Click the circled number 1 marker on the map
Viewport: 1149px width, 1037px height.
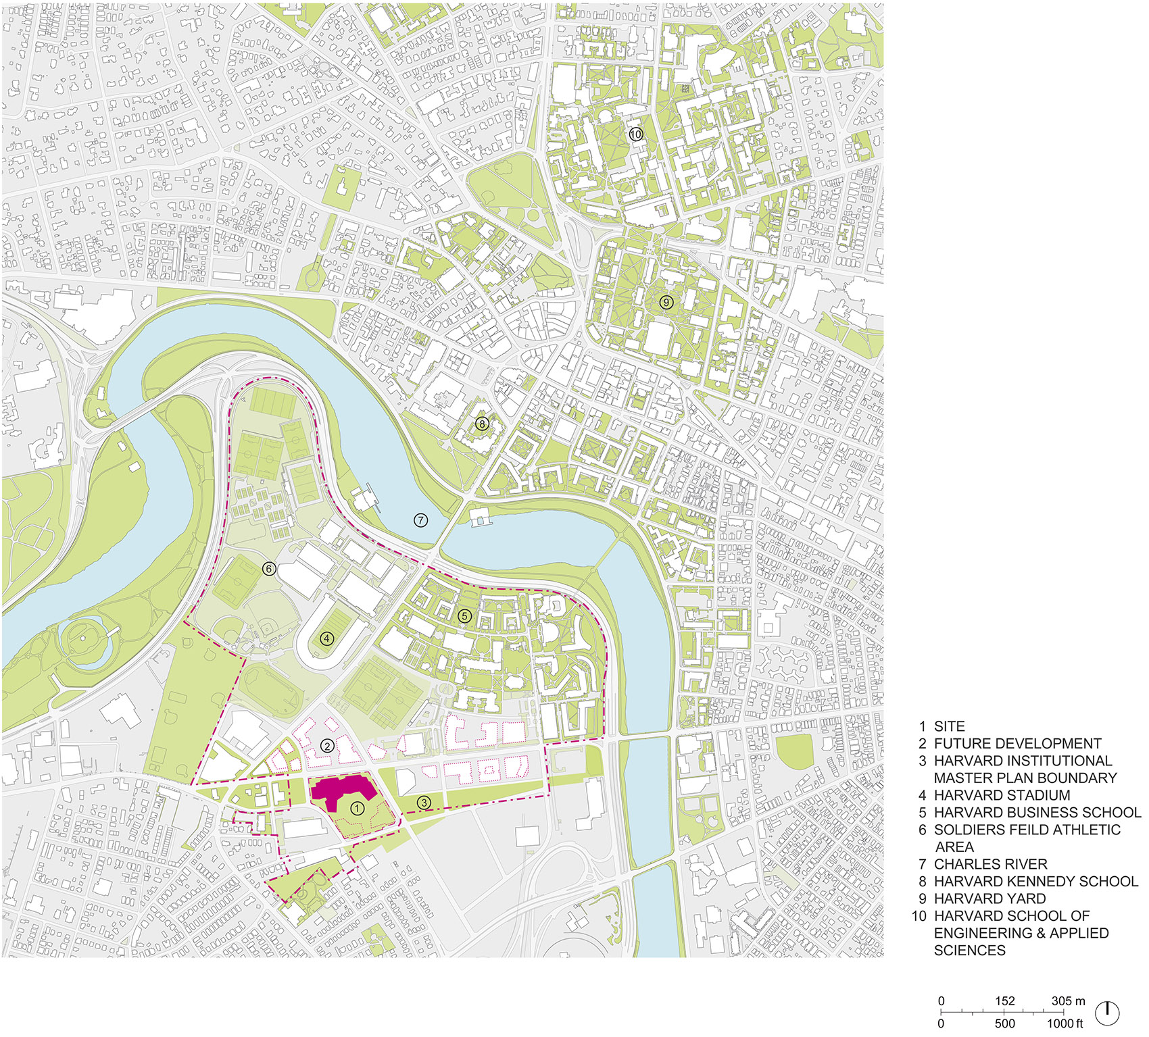358,808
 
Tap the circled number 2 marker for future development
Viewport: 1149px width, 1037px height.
327,746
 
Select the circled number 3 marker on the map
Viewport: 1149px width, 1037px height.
424,803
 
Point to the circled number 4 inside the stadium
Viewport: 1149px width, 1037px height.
327,638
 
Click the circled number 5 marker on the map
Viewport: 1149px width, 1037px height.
464,616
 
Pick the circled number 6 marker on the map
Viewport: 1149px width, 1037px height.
269,569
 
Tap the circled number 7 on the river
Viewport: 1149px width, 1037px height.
421,520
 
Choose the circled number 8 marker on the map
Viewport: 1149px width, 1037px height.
481,424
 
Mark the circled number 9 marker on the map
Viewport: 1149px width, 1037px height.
666,302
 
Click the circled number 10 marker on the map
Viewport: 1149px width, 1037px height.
635,134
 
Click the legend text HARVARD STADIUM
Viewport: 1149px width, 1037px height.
1002,795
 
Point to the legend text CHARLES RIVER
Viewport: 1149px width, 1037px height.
990,864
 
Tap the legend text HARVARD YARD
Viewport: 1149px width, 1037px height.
989,899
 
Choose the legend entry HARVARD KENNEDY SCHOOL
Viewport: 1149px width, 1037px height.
1035,881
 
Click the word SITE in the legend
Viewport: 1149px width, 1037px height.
949,726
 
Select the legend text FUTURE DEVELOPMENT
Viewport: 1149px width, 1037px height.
1017,744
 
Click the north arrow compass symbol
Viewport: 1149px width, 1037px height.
1107,1012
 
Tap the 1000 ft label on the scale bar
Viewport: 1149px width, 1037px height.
1064,1023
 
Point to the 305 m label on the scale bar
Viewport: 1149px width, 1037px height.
1068,1001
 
